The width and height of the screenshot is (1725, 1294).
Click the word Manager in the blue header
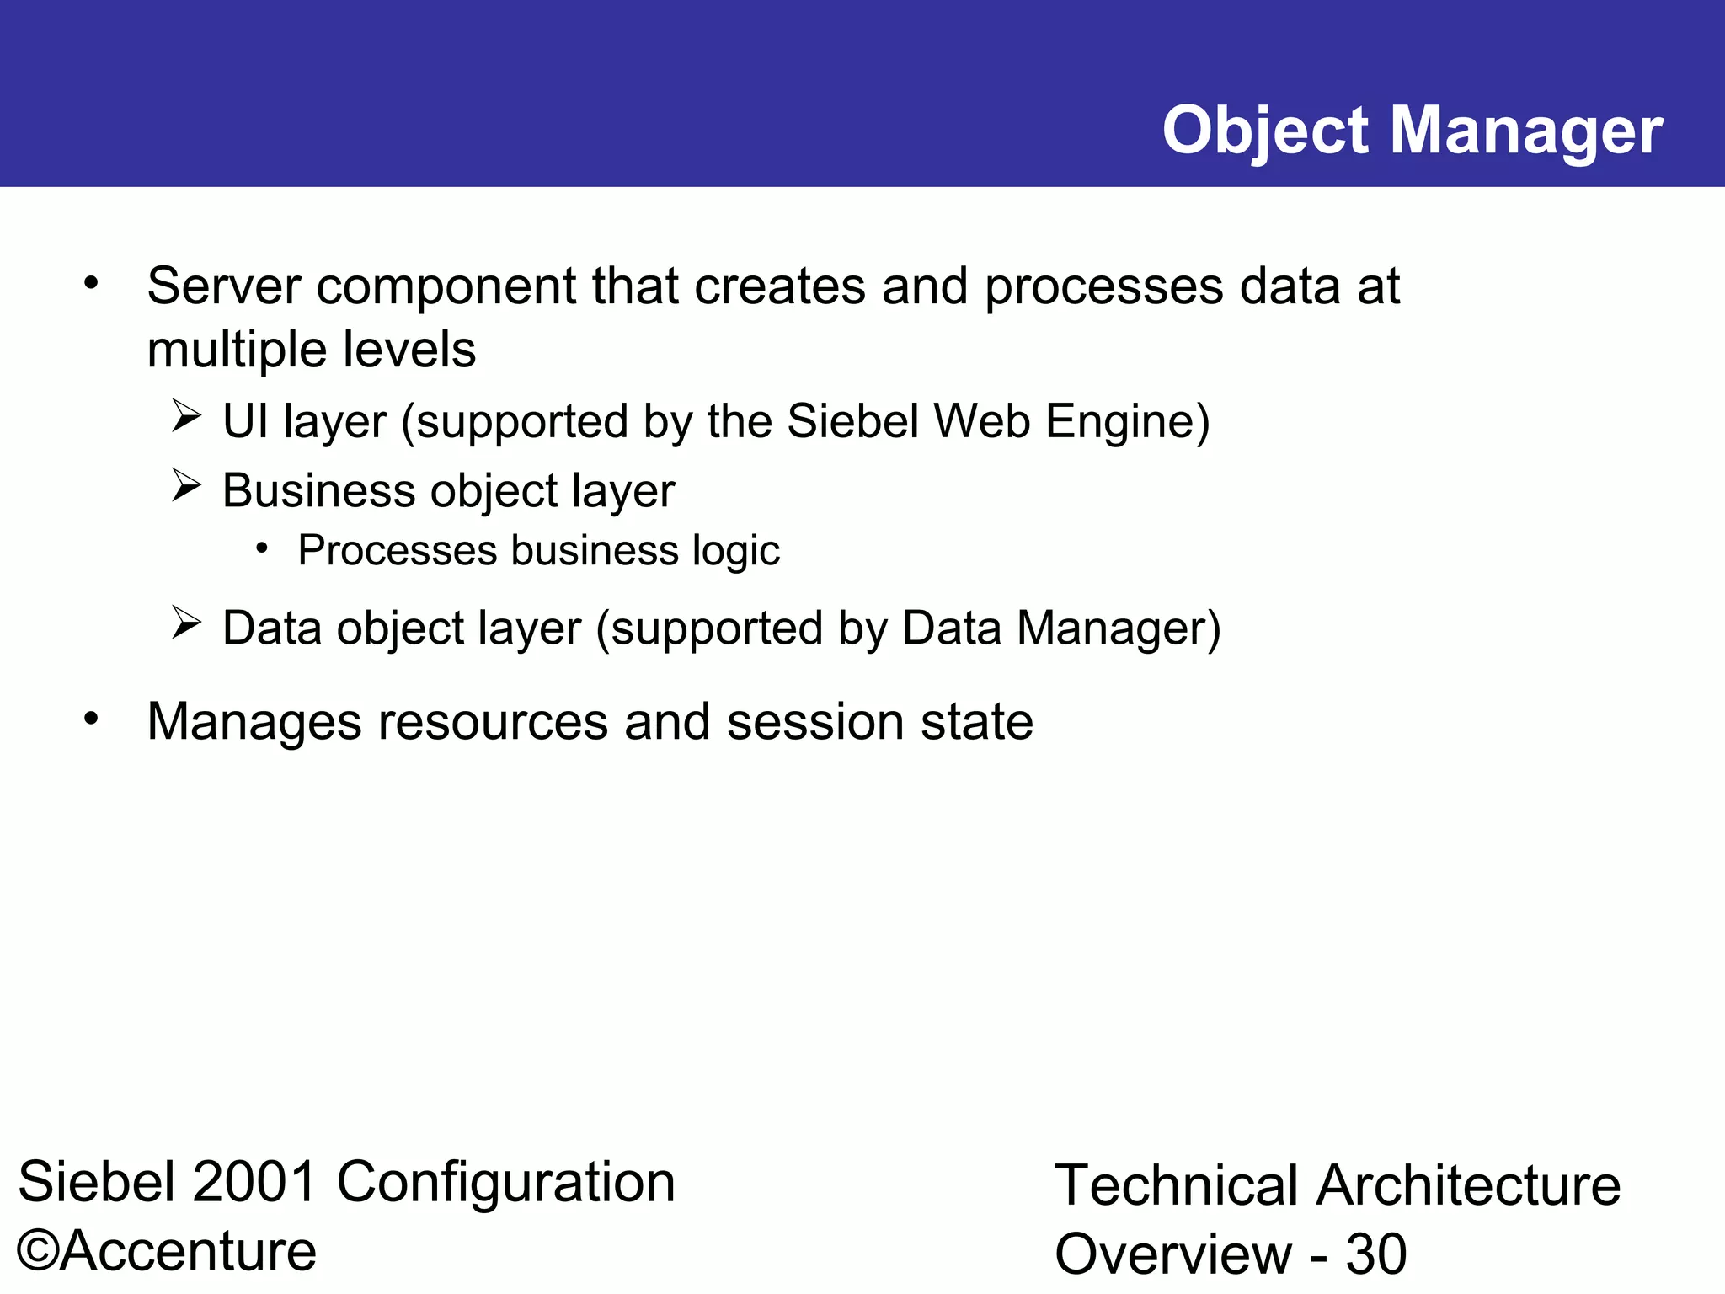tap(1526, 131)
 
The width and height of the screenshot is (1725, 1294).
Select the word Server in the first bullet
tap(223, 286)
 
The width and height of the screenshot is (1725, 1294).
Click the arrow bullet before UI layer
tap(186, 416)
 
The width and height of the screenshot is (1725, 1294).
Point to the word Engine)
tap(1127, 420)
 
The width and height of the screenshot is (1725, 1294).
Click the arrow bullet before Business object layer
tap(186, 485)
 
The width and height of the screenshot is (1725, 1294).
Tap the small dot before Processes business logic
tap(263, 549)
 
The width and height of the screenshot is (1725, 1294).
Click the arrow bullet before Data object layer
tap(186, 623)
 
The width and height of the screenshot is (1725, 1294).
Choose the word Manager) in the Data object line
tap(1118, 628)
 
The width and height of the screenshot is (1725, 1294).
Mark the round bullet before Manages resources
tap(91, 719)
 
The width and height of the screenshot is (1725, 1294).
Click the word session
tap(814, 722)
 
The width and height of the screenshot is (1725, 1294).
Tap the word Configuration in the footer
tap(506, 1182)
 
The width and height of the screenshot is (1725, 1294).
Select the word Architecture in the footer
tap(1468, 1185)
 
